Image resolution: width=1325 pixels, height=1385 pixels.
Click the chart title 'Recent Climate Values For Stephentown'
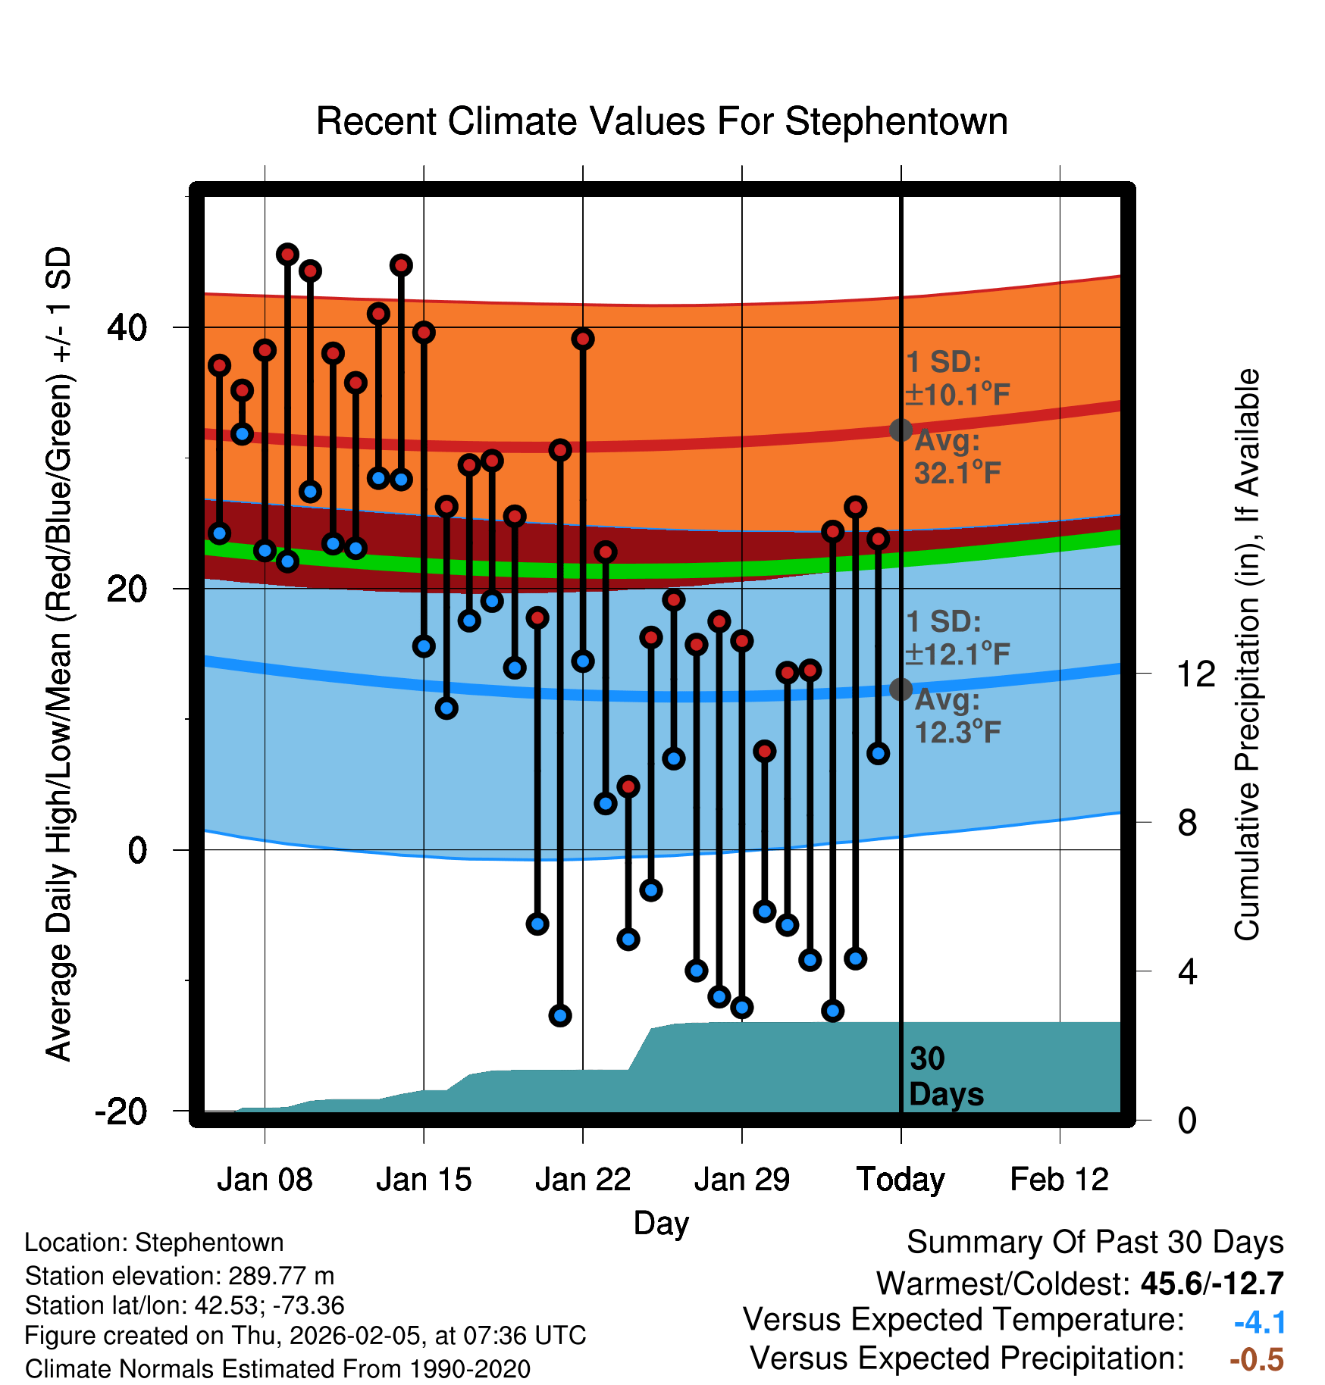pos(662,122)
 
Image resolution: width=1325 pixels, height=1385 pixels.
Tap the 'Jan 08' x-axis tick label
pos(265,1180)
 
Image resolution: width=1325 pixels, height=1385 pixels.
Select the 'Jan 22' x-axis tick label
pos(583,1180)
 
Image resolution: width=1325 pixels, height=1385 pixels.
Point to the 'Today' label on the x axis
pos(901,1180)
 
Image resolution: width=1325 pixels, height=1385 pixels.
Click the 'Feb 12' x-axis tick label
pos(1060,1180)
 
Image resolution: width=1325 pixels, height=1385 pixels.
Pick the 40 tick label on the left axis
pos(127,328)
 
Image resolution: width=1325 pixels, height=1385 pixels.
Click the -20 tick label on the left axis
pos(121,1111)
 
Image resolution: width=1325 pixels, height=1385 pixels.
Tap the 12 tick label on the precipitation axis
pos(1196,674)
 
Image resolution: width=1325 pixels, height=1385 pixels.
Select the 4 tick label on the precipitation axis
pos(1188,971)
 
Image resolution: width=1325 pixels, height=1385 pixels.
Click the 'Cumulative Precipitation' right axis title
pos(1247,655)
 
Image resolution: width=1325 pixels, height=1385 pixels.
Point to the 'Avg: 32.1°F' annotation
pos(957,458)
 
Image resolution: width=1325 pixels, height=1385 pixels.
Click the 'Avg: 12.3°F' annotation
pos(957,717)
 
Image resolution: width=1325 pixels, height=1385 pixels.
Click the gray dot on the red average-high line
pos(901,430)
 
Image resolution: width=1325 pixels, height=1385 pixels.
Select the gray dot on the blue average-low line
pos(901,689)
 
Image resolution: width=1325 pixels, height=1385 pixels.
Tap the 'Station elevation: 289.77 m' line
pos(180,1276)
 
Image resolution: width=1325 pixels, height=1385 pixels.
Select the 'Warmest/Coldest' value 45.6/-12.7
pos(1212,1283)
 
